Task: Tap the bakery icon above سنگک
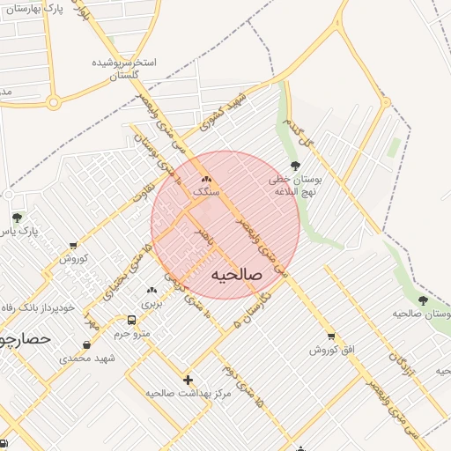click(207, 179)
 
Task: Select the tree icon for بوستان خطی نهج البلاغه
click(294, 166)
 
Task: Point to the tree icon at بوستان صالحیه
click(423, 300)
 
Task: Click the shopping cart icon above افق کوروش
click(331, 336)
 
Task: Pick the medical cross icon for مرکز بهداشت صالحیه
click(187, 380)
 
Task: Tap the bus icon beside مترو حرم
click(131, 321)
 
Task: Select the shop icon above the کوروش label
click(72, 246)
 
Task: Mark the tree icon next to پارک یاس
click(16, 218)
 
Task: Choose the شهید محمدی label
click(80, 358)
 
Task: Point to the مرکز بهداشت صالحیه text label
click(188, 393)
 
